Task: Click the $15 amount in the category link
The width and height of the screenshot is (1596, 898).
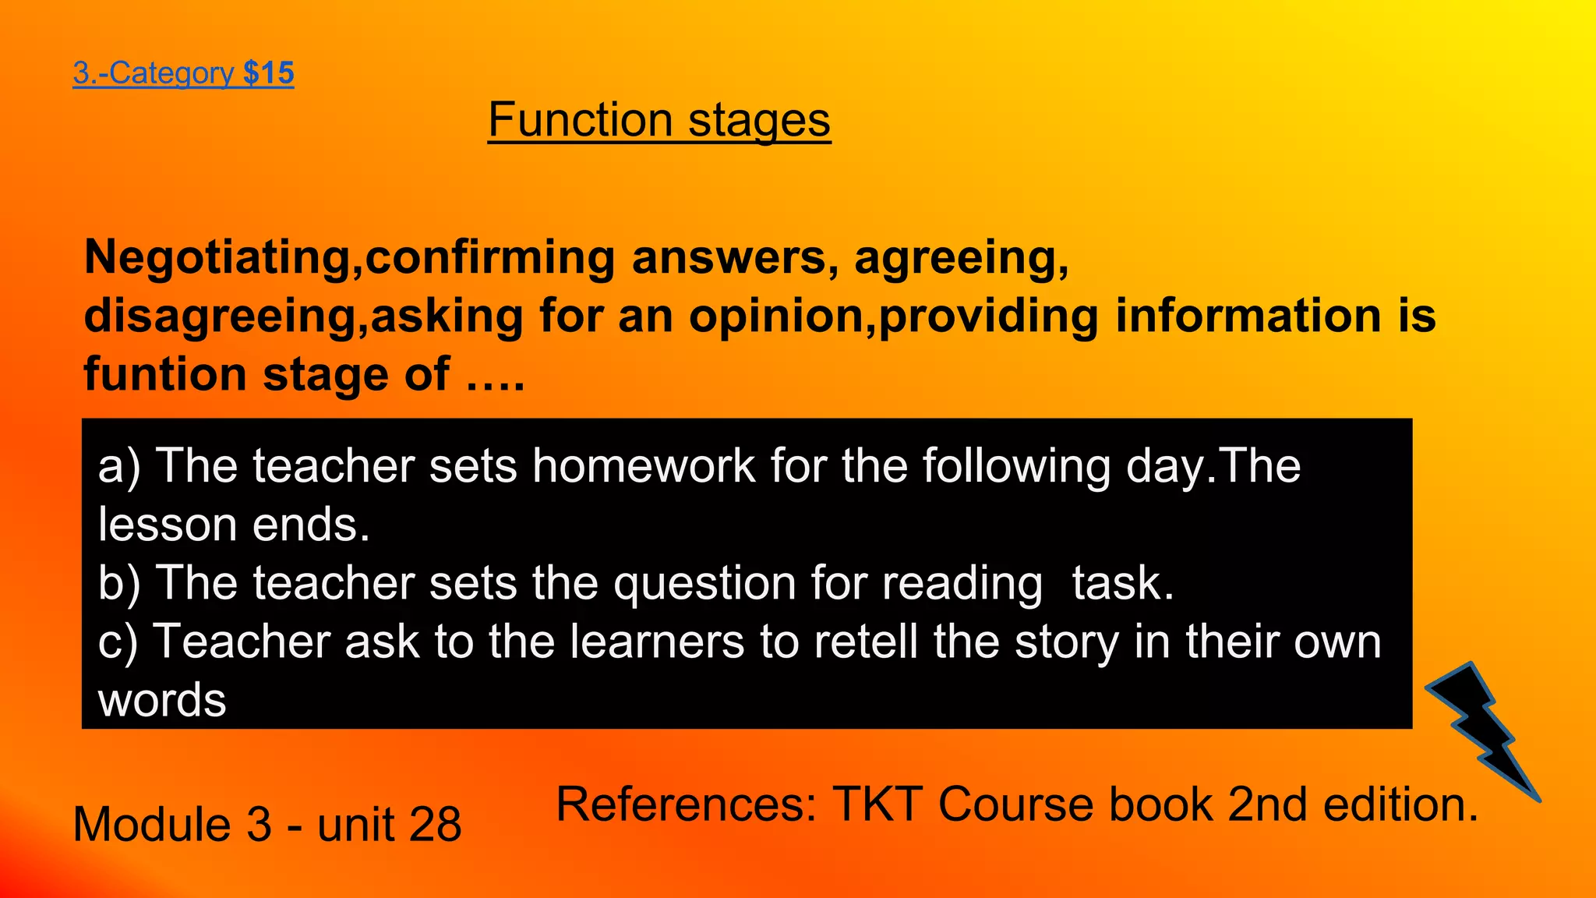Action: [268, 73]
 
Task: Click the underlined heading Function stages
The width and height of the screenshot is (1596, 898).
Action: [659, 120]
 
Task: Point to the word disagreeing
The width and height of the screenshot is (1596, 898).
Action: [218, 316]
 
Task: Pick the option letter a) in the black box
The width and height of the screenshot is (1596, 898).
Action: [119, 466]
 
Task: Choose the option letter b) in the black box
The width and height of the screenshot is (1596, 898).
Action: [119, 583]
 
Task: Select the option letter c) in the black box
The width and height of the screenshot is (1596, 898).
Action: [118, 642]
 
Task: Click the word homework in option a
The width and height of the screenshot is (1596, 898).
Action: [644, 466]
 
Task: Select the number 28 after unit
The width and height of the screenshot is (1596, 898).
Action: [434, 825]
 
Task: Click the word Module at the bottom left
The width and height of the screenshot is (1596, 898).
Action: [152, 825]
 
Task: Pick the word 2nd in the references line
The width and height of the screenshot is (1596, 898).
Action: [1267, 804]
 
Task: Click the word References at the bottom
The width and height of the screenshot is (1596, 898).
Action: [686, 804]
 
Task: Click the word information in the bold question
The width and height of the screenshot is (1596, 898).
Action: [1248, 316]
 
